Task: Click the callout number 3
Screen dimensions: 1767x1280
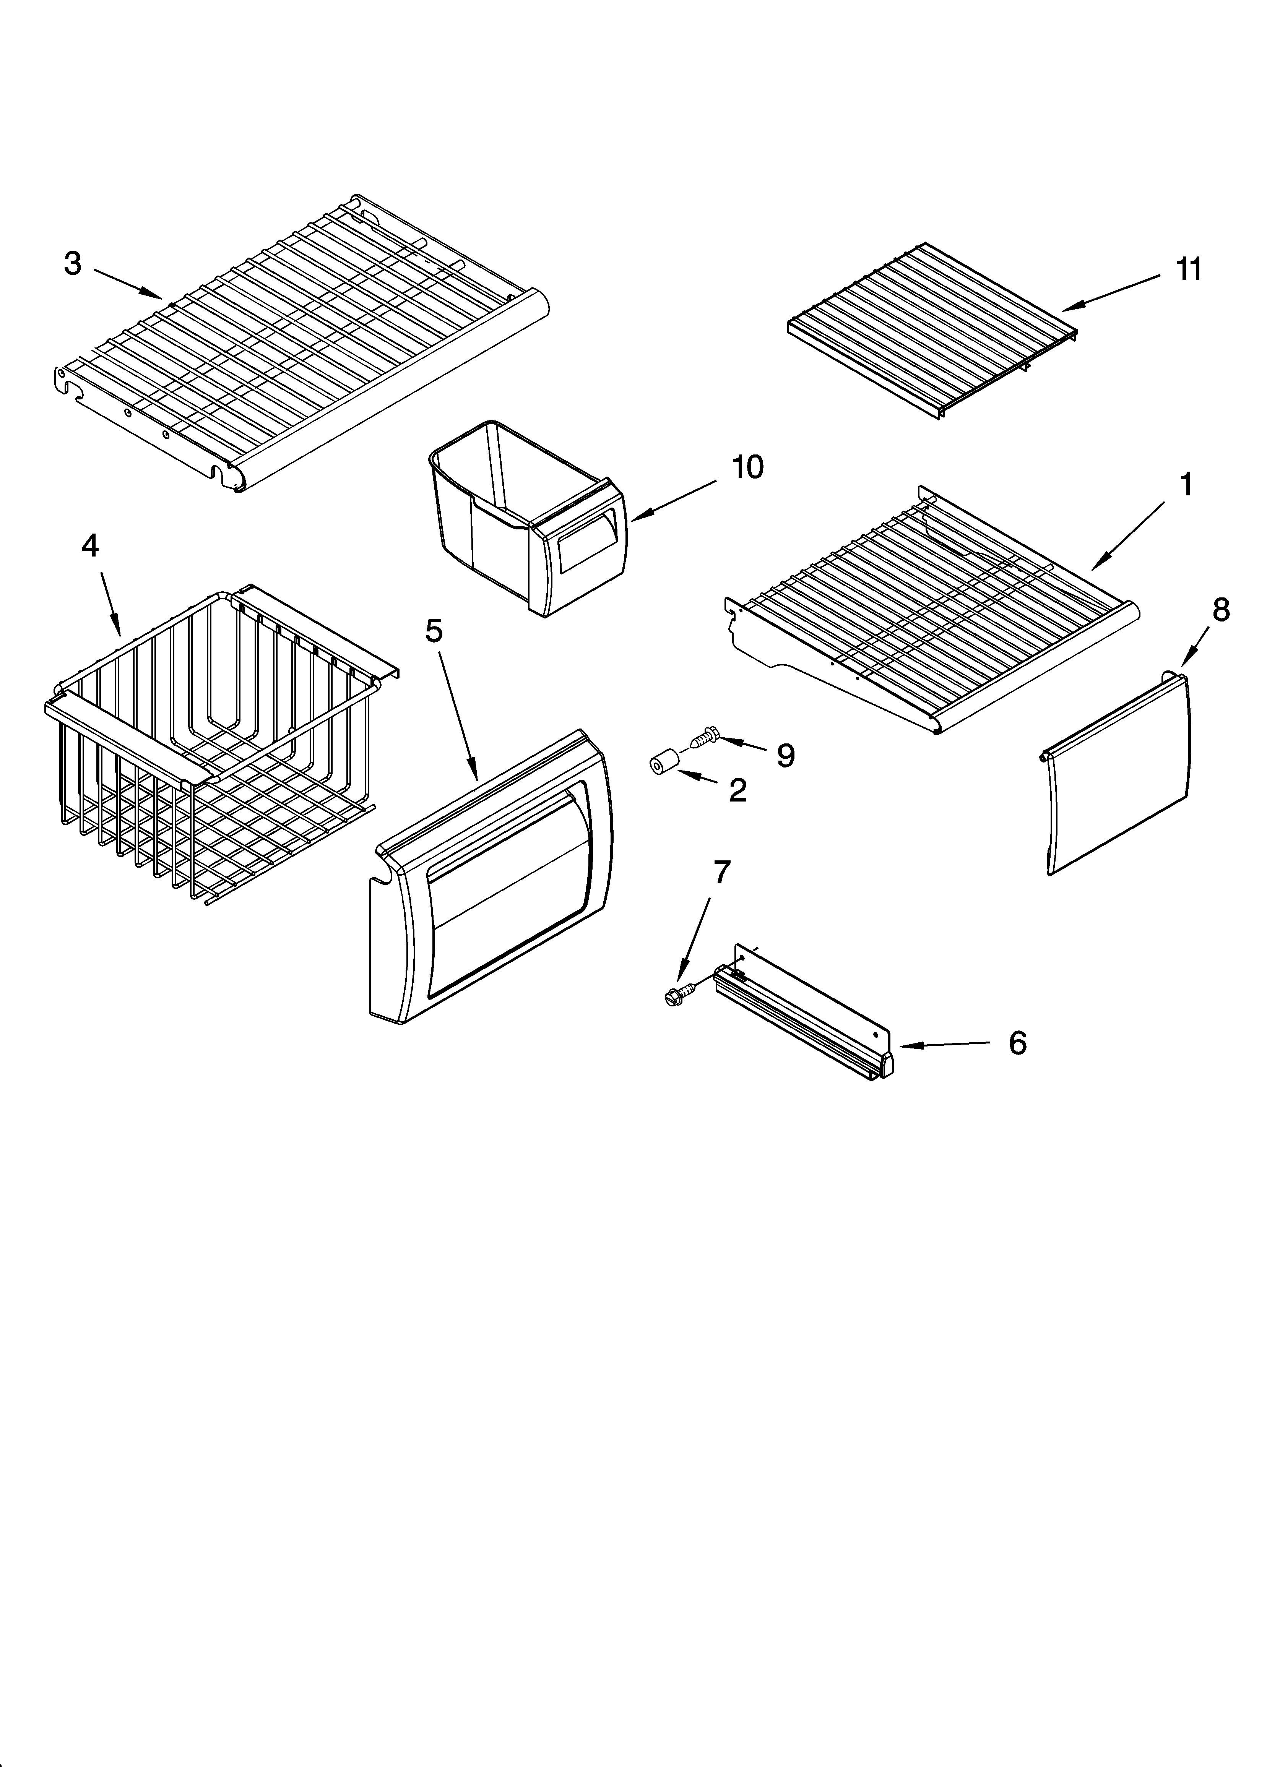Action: pyautogui.click(x=73, y=264)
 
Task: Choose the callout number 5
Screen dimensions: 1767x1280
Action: pyautogui.click(x=434, y=631)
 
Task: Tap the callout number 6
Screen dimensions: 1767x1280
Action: pyautogui.click(x=1017, y=1043)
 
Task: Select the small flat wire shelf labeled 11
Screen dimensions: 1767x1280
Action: pyautogui.click(x=932, y=327)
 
